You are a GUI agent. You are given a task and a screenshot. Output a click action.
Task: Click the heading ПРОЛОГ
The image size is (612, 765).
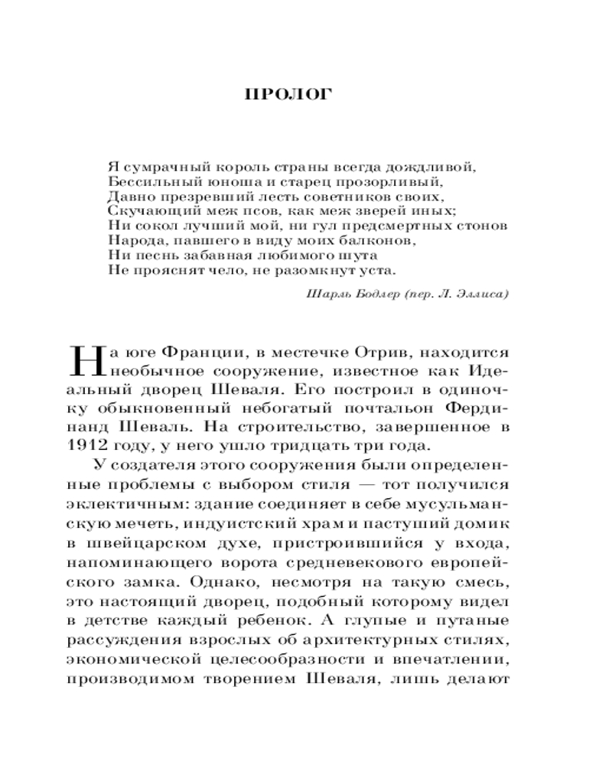tap(287, 96)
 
